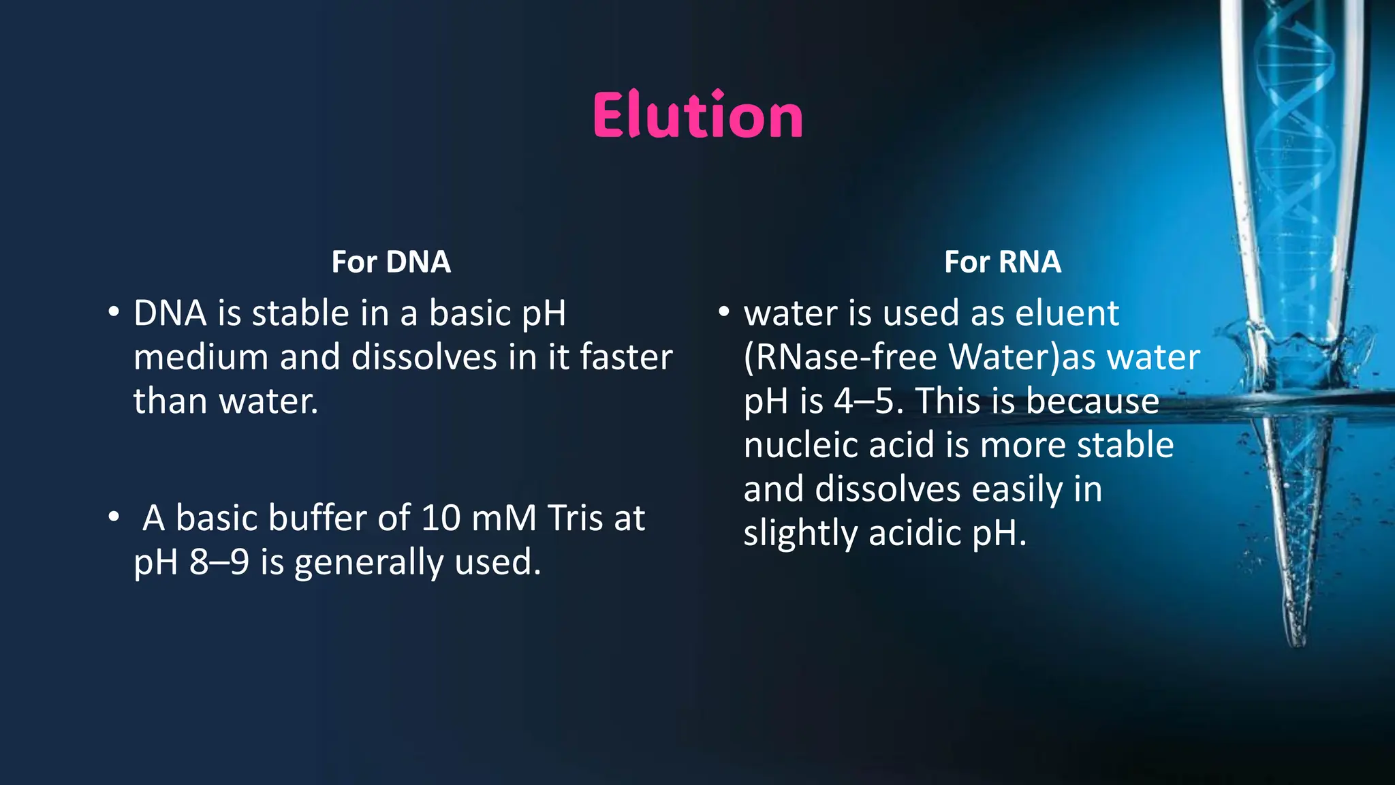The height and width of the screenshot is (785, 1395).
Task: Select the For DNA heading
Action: pos(391,262)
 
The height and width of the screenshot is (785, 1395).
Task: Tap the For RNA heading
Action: pos(1002,262)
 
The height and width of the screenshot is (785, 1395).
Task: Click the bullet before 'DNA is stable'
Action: pos(114,313)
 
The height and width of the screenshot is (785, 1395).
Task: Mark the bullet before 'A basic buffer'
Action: pos(114,518)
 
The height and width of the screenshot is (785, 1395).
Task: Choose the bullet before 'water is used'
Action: pos(724,313)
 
